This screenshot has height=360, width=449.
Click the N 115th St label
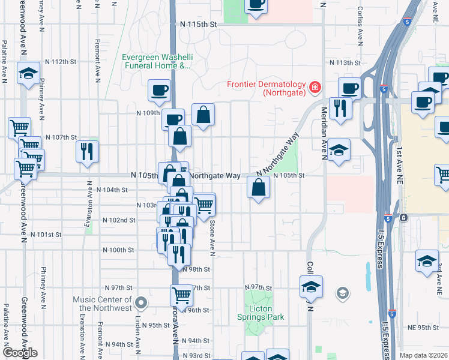[x=197, y=24]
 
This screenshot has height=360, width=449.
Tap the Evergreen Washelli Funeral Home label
[x=155, y=62]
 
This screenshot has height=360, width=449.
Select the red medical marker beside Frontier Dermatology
[x=314, y=89]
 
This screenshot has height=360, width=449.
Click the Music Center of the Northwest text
[x=102, y=304]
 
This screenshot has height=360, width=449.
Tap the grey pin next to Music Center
[x=141, y=302]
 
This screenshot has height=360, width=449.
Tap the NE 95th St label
[x=423, y=328]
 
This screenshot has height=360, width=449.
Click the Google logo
[x=20, y=353]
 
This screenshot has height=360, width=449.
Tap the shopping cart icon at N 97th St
[x=181, y=294]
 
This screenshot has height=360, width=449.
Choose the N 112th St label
[x=65, y=62]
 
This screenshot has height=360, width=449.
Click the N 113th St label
[x=344, y=62]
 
